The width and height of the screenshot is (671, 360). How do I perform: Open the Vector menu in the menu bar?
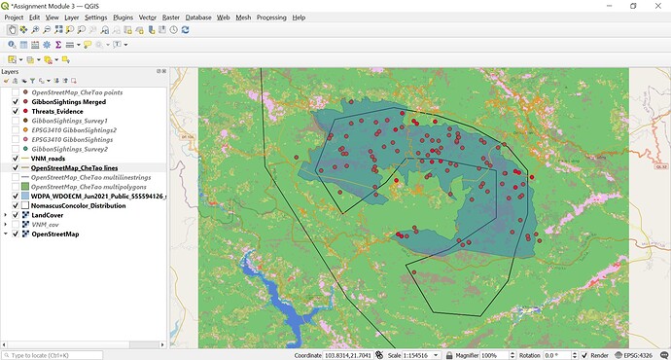click(148, 18)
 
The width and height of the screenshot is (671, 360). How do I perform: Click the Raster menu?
click(171, 18)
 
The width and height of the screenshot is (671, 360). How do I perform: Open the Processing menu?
click(271, 18)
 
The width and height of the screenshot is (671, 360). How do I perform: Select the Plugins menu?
click(123, 18)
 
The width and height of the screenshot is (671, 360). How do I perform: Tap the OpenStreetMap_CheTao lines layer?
click(75, 167)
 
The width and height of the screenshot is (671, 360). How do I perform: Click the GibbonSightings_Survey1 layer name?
click(70, 121)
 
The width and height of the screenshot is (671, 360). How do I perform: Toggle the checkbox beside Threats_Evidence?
click(15, 111)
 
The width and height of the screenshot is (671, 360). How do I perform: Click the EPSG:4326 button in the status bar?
click(643, 354)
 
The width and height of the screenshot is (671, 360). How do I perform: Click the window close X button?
click(655, 6)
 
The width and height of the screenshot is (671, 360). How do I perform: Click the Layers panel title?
click(10, 71)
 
